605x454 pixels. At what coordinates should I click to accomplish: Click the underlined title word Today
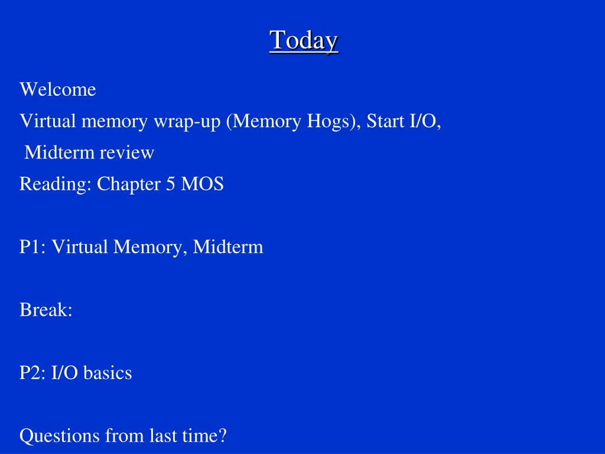click(304, 41)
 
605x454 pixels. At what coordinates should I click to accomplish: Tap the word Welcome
click(58, 89)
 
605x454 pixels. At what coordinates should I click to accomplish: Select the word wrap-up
click(187, 121)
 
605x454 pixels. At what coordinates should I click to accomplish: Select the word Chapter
click(129, 184)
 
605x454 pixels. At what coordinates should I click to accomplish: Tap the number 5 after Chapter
click(171, 184)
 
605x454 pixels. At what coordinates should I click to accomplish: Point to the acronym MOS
click(202, 184)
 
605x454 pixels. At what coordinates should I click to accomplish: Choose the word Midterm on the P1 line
click(228, 247)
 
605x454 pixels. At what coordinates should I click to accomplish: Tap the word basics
click(108, 372)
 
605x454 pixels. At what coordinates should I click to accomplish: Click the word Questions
click(60, 436)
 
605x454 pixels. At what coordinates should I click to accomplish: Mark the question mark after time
click(222, 436)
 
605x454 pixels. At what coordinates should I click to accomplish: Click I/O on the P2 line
click(64, 372)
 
